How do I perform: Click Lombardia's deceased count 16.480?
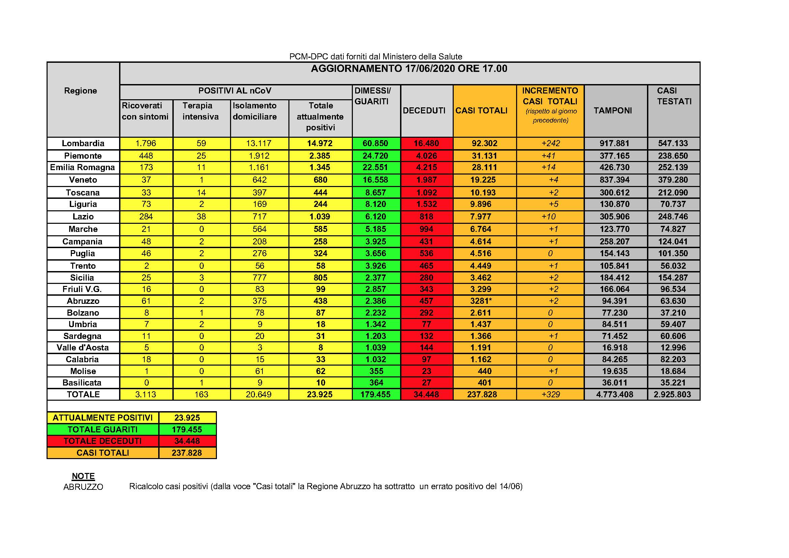click(426, 143)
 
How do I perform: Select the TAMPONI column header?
click(613, 111)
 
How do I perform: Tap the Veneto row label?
click(83, 180)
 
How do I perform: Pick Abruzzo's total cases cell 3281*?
click(481, 301)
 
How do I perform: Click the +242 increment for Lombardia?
click(551, 143)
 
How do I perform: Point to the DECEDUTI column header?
click(424, 111)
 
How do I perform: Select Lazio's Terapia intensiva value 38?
click(201, 217)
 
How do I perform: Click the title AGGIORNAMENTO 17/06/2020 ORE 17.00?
click(409, 69)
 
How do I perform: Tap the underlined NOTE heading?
click(83, 476)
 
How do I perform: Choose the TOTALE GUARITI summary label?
click(103, 429)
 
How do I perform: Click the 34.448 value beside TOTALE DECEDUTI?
click(187, 441)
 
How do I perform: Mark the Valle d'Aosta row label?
click(83, 348)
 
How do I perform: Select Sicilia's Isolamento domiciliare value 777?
click(259, 277)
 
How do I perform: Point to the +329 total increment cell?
click(551, 394)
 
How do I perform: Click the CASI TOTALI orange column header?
click(481, 111)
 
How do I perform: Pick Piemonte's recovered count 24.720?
click(375, 156)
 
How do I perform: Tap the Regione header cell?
click(80, 91)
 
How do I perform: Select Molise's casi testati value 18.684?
click(673, 371)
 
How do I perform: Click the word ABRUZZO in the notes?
click(83, 487)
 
